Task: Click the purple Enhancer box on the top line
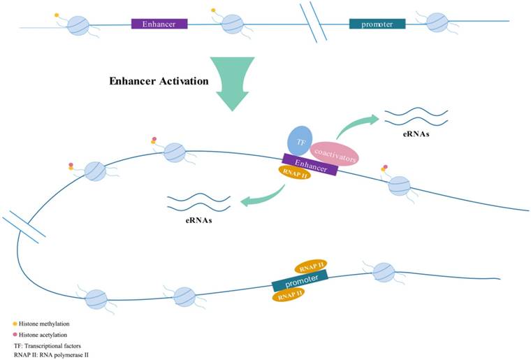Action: click(159, 24)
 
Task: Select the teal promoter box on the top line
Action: click(377, 24)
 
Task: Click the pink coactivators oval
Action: click(334, 153)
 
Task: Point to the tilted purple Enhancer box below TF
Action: click(310, 166)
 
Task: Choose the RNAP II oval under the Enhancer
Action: click(294, 174)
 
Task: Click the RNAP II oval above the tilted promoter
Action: click(312, 268)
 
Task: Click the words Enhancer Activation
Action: click(159, 81)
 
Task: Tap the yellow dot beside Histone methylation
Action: click(15, 324)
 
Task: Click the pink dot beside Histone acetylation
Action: click(15, 336)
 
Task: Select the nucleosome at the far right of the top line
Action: click(437, 22)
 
